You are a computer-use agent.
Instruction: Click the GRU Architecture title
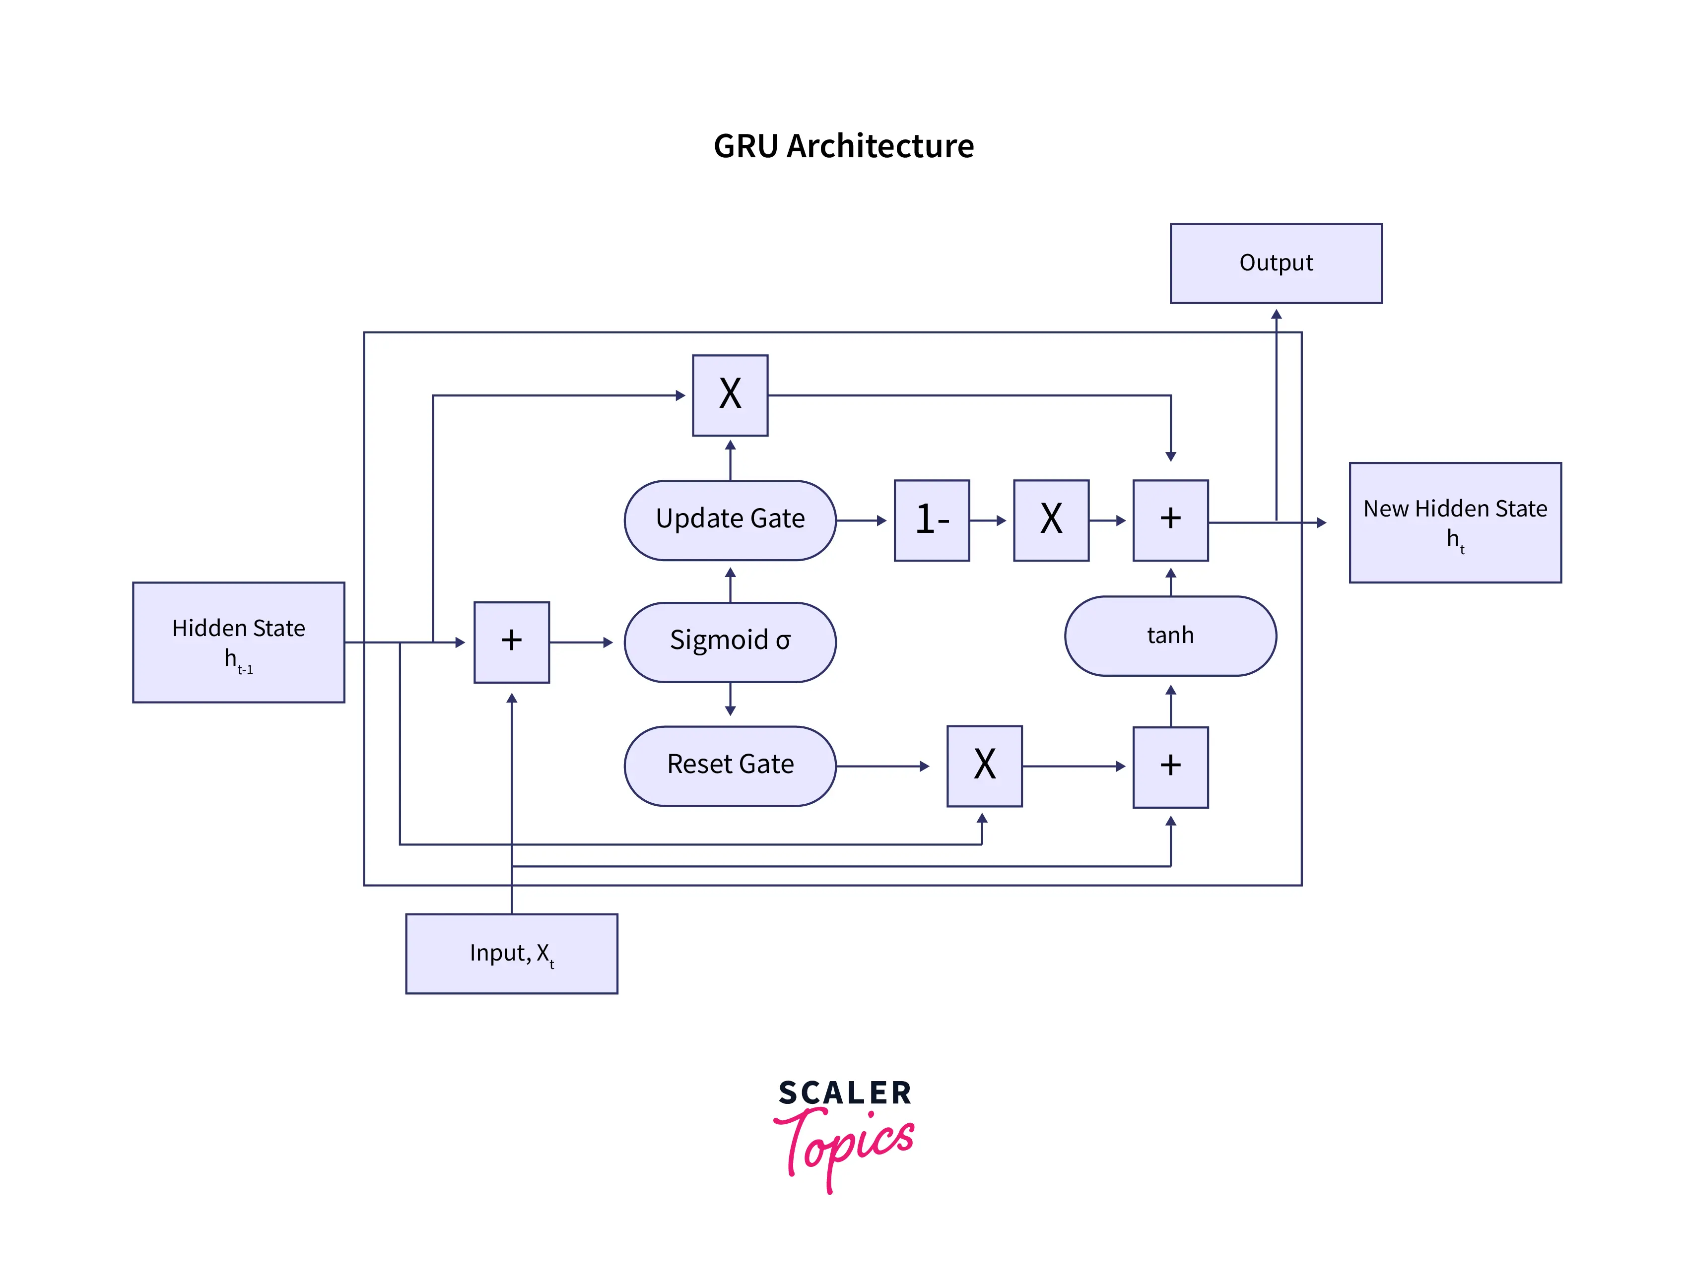[x=843, y=146]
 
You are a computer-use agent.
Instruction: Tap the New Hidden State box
[x=1455, y=522]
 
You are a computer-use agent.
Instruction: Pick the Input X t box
[x=511, y=954]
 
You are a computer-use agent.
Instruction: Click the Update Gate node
[x=730, y=520]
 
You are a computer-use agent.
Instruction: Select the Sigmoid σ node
[x=730, y=642]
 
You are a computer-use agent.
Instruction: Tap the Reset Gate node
[x=730, y=766]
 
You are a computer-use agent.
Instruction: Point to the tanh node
[x=1170, y=636]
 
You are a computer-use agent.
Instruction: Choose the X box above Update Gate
[x=730, y=395]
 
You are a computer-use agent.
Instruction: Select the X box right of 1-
[x=1051, y=520]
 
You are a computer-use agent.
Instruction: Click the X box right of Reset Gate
[x=984, y=766]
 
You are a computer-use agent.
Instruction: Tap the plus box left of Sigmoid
[x=511, y=642]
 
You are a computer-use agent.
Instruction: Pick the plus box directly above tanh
[x=1170, y=520]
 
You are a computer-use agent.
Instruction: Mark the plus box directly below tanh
[x=1170, y=767]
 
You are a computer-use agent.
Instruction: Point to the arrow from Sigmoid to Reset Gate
[x=730, y=699]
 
